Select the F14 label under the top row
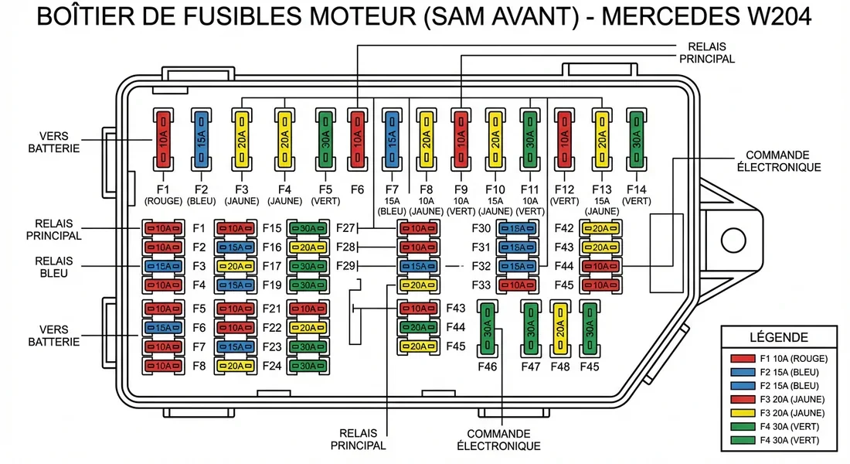tap(636, 189)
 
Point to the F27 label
tap(345, 228)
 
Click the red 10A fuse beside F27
tap(416, 228)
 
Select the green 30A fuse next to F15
tap(308, 228)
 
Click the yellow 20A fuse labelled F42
tap(601, 228)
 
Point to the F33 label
tap(481, 285)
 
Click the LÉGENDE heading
tap(779, 337)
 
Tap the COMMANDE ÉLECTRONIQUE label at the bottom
tap(498, 440)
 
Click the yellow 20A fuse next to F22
tap(308, 328)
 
